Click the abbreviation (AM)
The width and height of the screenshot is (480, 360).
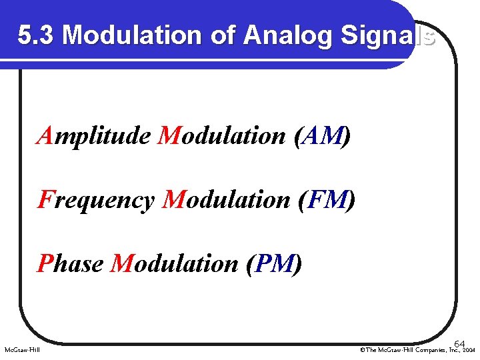(x=321, y=137)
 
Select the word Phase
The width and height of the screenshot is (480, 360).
(x=71, y=263)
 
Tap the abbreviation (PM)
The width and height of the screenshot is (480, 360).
(x=274, y=263)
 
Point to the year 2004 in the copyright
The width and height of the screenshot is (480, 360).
(x=469, y=349)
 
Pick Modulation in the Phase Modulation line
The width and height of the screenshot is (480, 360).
(x=175, y=263)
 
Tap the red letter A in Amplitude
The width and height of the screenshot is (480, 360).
(x=45, y=137)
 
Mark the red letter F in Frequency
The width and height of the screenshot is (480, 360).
(x=45, y=199)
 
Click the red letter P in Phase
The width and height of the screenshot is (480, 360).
(x=45, y=263)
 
